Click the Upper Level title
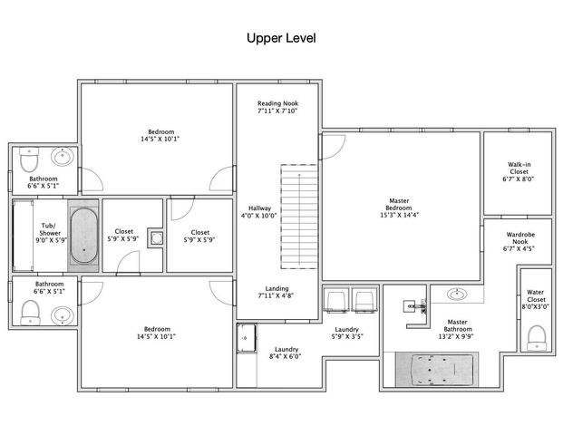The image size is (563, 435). pos(281,38)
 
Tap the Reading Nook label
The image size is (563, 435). pos(278,103)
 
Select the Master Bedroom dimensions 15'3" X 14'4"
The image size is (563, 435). pos(400,216)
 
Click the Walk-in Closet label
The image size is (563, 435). pos(519,168)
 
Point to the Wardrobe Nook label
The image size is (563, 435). pos(520,238)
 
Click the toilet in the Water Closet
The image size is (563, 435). pos(537,338)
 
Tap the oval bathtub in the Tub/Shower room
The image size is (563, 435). pos(83,236)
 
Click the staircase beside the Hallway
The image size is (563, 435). pos(299,217)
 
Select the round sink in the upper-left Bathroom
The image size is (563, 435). pos(63,157)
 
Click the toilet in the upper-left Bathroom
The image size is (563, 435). pos(29,159)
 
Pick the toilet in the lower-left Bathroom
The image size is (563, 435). pos(30,313)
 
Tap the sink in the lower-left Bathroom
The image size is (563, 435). pos(63,316)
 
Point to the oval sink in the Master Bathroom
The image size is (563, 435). pos(457,295)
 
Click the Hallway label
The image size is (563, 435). pos(259,208)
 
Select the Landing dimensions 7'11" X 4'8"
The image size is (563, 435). pos(277,295)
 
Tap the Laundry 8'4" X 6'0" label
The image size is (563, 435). pos(286,353)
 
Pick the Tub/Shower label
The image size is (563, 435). pos(50,229)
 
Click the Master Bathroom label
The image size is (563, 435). pos(458,325)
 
